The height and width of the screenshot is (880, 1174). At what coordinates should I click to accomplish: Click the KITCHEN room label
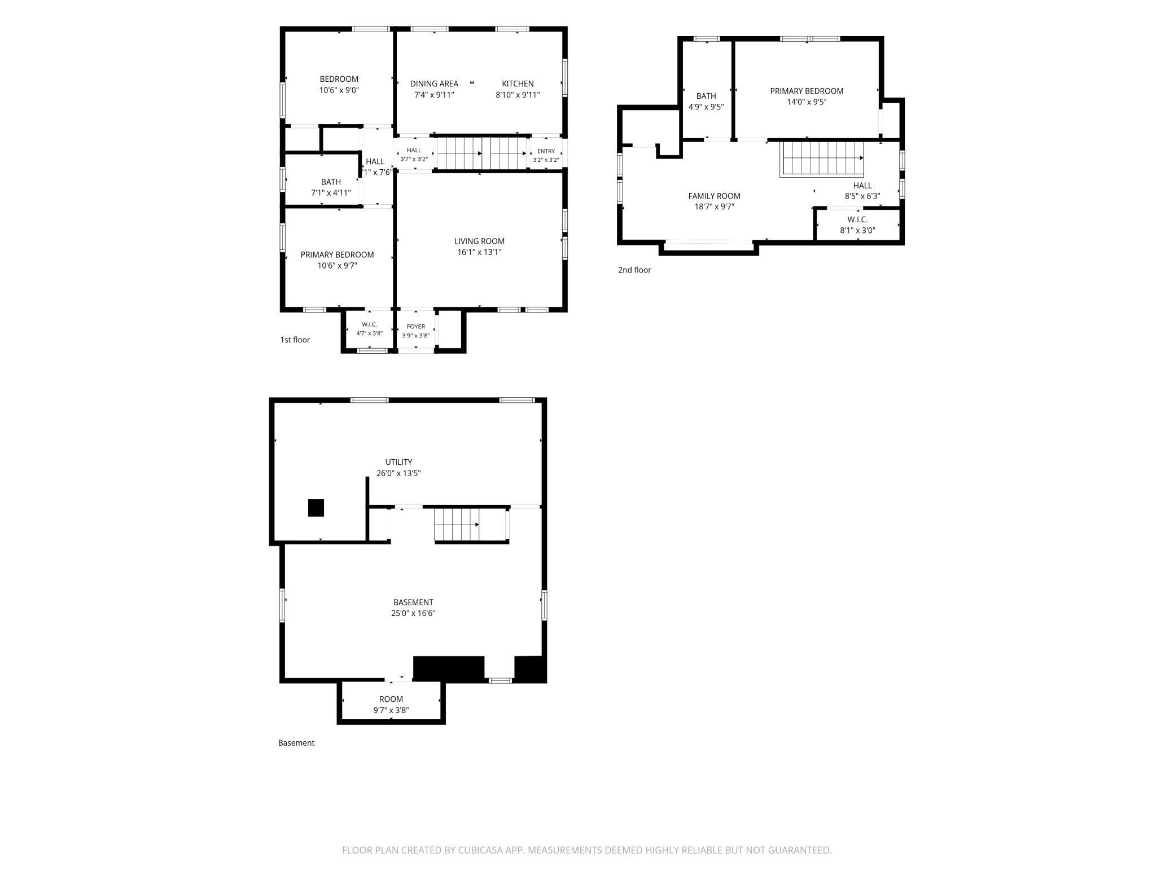click(518, 84)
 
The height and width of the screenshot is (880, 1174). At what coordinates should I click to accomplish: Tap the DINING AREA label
click(434, 84)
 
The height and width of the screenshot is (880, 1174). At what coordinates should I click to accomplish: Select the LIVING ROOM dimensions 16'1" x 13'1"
click(479, 252)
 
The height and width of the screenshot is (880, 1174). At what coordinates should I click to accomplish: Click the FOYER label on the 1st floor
click(416, 327)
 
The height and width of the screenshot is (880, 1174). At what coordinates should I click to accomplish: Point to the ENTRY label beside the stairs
click(546, 151)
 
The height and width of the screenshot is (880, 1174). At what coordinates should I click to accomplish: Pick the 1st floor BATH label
click(331, 182)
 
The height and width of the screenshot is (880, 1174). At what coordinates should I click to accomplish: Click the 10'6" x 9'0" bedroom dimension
click(339, 90)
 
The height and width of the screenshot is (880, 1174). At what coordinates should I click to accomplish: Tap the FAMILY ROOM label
click(714, 196)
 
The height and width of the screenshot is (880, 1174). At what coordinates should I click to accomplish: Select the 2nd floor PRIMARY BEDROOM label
click(807, 91)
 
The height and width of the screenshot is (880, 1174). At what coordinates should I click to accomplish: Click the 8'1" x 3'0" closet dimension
click(857, 230)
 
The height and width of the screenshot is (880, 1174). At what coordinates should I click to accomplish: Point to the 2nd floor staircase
click(822, 159)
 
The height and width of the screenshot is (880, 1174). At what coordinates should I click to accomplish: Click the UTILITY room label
click(398, 462)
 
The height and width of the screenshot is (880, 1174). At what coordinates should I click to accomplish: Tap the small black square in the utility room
click(316, 508)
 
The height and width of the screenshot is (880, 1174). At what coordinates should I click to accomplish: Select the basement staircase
click(457, 525)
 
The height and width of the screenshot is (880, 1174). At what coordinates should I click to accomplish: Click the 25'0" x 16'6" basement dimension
click(413, 613)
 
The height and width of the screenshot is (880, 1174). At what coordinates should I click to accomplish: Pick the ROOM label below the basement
click(391, 699)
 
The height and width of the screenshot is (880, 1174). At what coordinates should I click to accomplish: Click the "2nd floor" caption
click(634, 270)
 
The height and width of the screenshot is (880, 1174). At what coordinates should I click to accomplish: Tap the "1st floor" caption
click(295, 340)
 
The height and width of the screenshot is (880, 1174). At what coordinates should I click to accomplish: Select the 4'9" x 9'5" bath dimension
click(706, 107)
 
